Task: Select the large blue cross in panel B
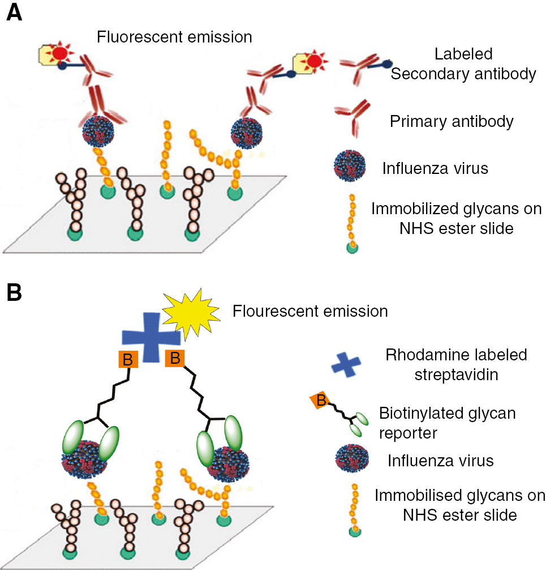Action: tap(152, 336)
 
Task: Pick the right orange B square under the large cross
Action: tap(174, 359)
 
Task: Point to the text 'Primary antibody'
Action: tap(452, 121)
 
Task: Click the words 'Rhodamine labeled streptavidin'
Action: tap(456, 364)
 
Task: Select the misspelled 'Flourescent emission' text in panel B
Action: tap(310, 311)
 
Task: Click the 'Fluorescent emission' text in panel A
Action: tap(174, 37)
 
